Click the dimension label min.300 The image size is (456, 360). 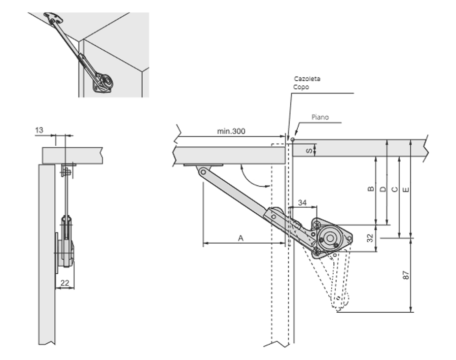231,131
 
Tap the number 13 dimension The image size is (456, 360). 39,130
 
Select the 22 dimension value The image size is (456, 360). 64,282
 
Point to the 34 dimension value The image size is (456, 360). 302,203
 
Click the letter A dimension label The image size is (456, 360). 241,237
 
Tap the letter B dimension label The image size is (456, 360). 371,189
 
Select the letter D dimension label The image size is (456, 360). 383,189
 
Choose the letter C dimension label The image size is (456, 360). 394,189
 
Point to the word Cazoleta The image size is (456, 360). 307,79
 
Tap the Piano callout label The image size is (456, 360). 320,117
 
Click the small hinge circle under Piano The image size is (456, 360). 293,138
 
